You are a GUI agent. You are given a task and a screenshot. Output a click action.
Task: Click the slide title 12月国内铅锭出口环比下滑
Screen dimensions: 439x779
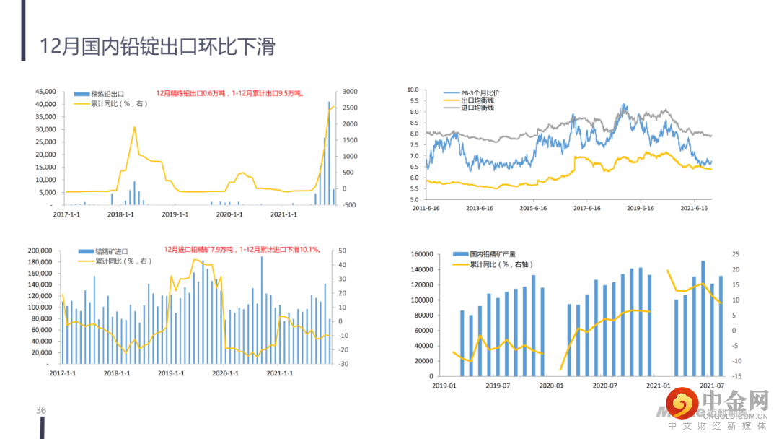coord(157,48)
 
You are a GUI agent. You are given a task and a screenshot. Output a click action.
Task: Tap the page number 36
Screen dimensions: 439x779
coord(41,410)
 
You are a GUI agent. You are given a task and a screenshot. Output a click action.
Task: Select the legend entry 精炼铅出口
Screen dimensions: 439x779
coord(107,94)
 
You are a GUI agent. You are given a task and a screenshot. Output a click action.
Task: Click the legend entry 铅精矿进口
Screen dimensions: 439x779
coord(112,252)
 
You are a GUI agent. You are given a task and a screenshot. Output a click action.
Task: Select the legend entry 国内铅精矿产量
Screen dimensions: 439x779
coord(494,255)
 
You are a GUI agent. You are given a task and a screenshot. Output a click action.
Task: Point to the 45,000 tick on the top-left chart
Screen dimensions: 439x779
coord(45,92)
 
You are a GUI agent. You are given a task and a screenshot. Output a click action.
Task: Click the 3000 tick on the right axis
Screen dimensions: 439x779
coord(351,92)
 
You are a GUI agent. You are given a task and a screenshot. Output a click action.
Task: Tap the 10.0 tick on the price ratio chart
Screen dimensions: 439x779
coord(413,90)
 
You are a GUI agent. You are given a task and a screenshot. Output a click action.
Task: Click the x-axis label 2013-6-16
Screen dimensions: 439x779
coord(477,208)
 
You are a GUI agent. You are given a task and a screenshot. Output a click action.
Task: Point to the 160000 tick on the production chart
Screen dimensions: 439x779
coord(421,254)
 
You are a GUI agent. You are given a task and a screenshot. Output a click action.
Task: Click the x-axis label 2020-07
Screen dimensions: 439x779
coord(604,386)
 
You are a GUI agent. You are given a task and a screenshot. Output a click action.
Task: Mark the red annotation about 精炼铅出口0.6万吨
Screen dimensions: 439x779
coord(229,93)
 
